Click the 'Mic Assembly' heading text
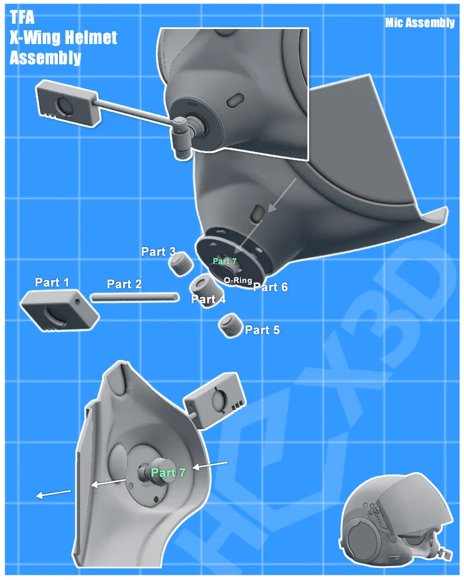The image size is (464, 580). tap(419, 23)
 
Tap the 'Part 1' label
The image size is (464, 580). tap(52, 282)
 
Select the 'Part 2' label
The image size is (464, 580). tap(124, 284)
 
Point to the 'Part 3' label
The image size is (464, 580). tap(158, 252)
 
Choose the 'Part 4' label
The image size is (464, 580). tap(208, 300)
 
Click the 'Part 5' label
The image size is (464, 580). tap(262, 330)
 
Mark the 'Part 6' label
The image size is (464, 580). tap(270, 287)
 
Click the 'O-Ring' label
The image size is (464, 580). tap(238, 280)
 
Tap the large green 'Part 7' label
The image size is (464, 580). tap(168, 473)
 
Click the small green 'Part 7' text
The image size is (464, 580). tap(224, 261)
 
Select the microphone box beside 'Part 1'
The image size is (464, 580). tap(59, 311)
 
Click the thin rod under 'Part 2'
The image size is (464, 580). tap(134, 297)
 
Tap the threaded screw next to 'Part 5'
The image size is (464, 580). tap(230, 325)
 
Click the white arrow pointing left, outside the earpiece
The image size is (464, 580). tap(53, 494)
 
